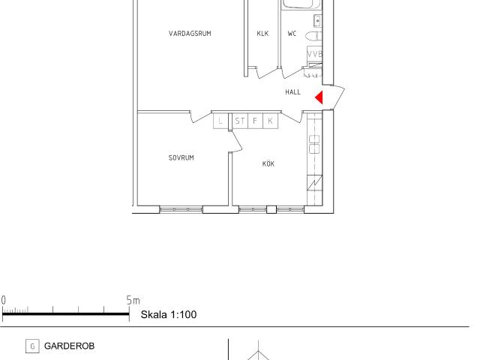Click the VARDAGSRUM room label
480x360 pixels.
click(190, 33)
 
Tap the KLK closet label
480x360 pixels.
click(262, 33)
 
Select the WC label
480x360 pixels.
click(292, 33)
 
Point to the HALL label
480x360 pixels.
click(292, 91)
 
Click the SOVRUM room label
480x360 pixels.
click(181, 157)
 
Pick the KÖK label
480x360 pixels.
click(268, 163)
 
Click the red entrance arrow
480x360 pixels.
click(319, 97)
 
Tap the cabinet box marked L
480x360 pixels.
click(220, 121)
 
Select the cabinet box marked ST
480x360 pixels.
click(240, 121)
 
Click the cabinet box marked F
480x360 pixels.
click(255, 121)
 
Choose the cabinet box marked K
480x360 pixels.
click(270, 121)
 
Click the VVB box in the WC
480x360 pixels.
click(315, 54)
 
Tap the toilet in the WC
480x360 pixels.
click(313, 36)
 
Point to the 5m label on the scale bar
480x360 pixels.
click(133, 300)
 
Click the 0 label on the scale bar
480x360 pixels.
click(3, 300)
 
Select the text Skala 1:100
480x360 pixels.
click(168, 314)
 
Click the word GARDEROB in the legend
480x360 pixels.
click(69, 346)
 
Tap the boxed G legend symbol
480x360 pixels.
click(32, 346)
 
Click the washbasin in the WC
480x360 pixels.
click(318, 21)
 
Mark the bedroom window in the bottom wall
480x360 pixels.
click(181, 210)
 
